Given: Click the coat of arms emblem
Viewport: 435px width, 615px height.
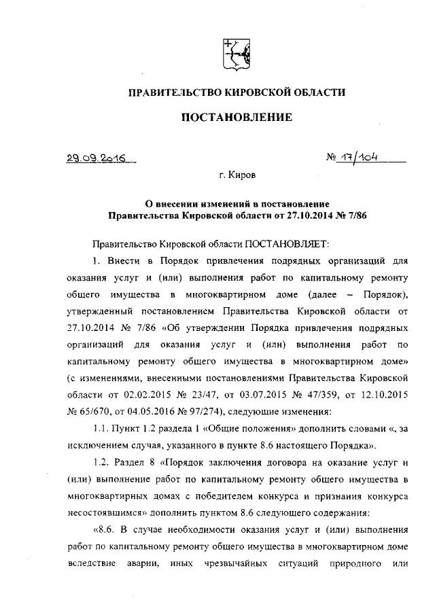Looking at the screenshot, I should [x=237, y=52].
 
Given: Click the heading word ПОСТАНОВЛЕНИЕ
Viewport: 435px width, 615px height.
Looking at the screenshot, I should [x=237, y=118].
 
